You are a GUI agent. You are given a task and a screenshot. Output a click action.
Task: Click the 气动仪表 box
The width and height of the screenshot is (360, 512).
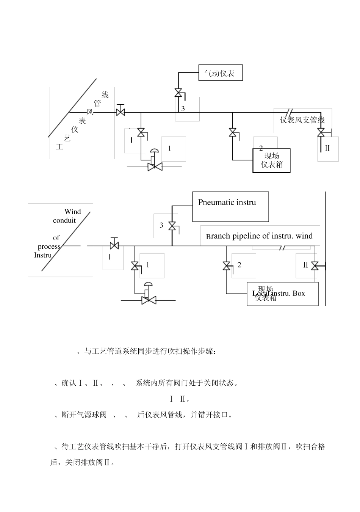(x=220, y=73)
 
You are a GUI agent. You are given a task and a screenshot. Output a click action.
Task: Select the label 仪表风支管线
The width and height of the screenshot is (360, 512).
(x=302, y=120)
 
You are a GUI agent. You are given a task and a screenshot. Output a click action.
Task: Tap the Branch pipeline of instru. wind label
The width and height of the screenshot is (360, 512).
(x=260, y=236)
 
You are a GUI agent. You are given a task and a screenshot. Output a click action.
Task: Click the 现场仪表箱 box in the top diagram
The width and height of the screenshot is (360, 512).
(x=272, y=160)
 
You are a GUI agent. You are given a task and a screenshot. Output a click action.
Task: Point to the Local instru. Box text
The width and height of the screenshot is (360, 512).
(x=279, y=293)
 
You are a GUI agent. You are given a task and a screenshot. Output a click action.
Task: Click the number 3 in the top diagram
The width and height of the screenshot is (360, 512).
(x=183, y=108)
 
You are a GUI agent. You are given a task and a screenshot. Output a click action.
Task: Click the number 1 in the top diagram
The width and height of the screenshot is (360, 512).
(x=169, y=148)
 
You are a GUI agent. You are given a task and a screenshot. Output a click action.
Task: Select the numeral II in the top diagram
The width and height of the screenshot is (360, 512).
(x=327, y=148)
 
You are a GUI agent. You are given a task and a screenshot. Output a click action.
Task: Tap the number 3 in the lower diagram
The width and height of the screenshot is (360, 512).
(x=161, y=225)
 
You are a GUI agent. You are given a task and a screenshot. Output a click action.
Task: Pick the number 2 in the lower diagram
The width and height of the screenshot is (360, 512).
(x=239, y=265)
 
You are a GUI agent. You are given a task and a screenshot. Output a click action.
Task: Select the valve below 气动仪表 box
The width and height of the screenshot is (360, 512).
(x=178, y=93)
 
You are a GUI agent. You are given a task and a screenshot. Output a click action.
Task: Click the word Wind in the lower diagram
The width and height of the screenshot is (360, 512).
(x=72, y=212)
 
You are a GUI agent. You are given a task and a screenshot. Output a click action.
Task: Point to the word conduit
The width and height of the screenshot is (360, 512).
(x=64, y=220)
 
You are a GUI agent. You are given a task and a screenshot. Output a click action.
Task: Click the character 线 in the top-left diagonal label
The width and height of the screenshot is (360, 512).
(x=105, y=95)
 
